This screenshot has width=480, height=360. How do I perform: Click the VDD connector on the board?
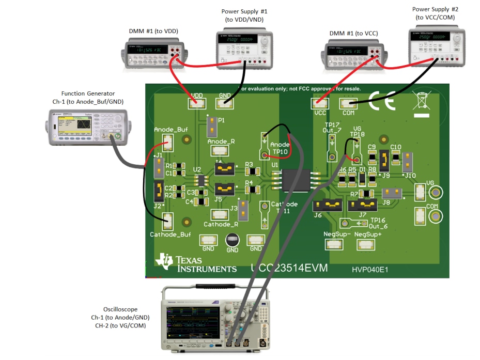196,103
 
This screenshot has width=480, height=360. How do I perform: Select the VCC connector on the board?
319,104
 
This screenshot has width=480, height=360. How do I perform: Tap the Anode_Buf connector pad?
167,141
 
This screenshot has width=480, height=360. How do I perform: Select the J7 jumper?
363,206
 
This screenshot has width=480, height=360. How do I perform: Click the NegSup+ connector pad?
366,243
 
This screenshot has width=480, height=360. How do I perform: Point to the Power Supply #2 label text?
434,13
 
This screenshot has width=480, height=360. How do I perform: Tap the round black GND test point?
232,240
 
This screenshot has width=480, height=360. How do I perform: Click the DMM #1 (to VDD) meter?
153,53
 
